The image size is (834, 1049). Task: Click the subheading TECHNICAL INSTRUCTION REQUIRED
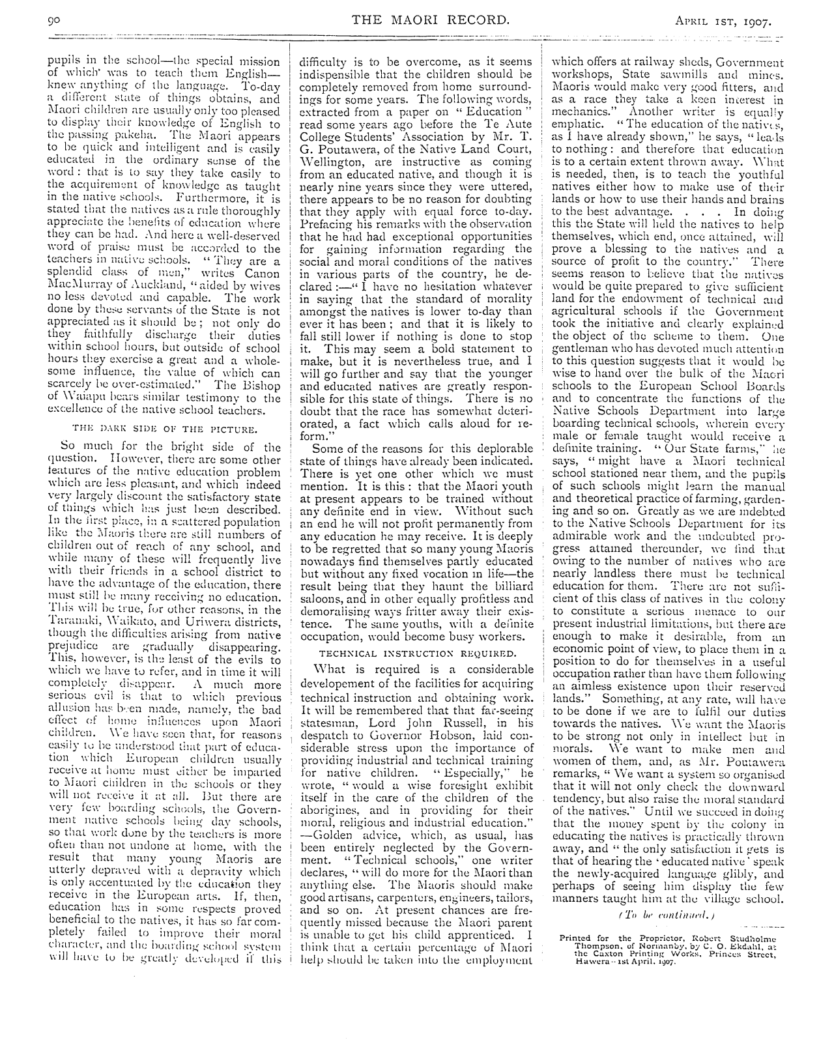417,652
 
